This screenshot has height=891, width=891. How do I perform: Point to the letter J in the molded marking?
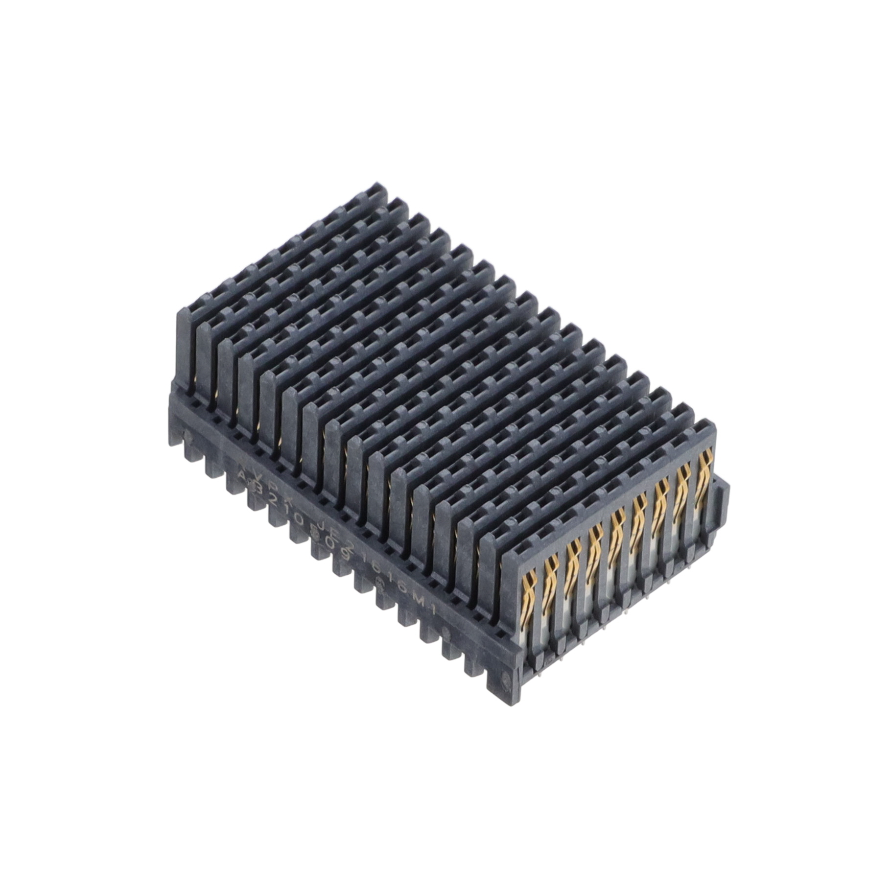point(323,526)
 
